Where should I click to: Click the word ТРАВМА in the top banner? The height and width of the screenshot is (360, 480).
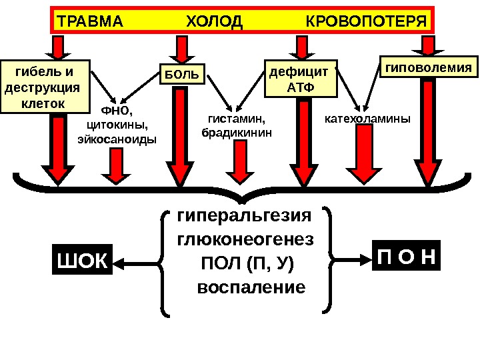coord(91,21)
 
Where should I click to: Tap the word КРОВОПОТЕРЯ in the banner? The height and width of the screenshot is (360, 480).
coord(366,21)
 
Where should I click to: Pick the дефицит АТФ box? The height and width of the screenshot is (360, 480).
coord(299,79)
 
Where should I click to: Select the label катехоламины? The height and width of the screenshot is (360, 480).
coord(367,119)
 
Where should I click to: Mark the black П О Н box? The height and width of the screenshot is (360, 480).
coord(406,257)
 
